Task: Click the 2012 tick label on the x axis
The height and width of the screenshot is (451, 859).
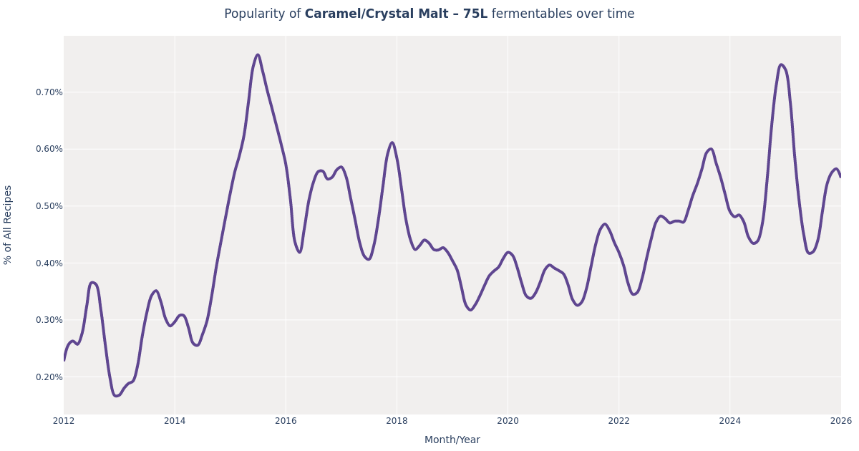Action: tap(64, 421)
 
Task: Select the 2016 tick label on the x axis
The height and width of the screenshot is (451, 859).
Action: tap(286, 421)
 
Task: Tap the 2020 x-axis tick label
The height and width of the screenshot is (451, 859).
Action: tap(508, 421)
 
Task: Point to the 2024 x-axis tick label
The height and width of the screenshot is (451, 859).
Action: tap(729, 421)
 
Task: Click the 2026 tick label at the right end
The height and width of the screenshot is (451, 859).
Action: tap(840, 421)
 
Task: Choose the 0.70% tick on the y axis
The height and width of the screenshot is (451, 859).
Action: tap(49, 92)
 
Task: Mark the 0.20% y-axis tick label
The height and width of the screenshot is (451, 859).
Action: tap(49, 377)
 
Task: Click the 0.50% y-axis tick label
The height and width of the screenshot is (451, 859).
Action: tap(49, 206)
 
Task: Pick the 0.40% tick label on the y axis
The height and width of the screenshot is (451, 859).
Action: tap(49, 263)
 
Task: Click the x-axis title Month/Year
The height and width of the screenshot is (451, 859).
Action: tap(452, 440)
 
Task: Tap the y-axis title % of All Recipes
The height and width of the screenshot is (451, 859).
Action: tap(9, 225)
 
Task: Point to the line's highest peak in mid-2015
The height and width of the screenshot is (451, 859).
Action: tap(258, 55)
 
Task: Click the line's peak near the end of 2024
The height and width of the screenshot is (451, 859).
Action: tap(781, 65)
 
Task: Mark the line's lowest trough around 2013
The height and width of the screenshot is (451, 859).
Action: tap(117, 396)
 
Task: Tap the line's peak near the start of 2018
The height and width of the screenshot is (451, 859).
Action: tap(392, 142)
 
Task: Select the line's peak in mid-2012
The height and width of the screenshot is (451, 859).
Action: tap(92, 283)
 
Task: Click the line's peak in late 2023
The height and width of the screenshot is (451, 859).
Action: tap(710, 149)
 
